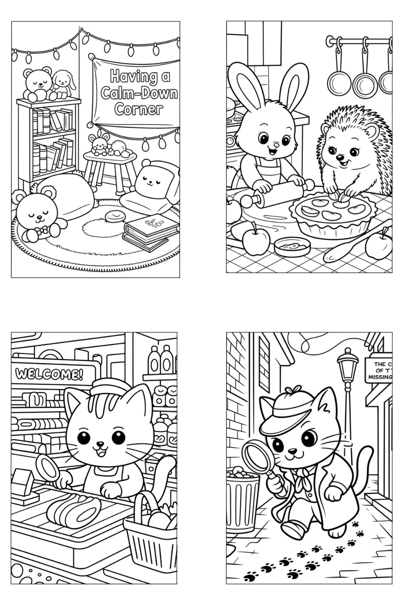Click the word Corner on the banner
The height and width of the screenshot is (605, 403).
pyautogui.click(x=138, y=109)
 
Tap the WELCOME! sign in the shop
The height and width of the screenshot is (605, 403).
pyautogui.click(x=49, y=375)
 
